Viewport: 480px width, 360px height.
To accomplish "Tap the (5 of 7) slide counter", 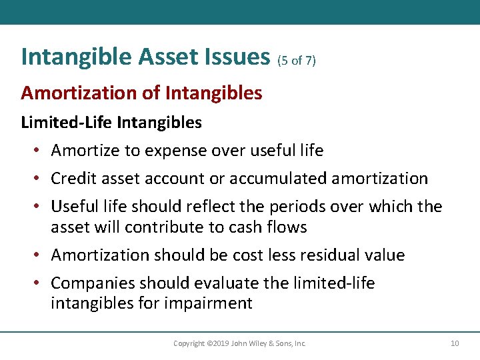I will [296, 61].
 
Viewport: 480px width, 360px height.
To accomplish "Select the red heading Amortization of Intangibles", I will [141, 93].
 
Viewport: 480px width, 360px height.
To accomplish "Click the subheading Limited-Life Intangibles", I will [111, 123].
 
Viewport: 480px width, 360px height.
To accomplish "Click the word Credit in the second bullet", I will [72, 179].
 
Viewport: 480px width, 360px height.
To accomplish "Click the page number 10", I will [455, 343].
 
